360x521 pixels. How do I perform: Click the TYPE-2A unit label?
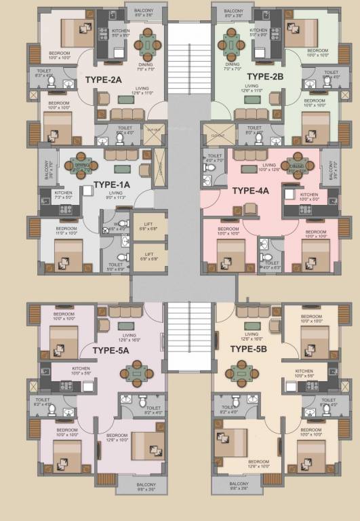coord(103,79)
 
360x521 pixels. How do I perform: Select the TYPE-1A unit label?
coord(111,185)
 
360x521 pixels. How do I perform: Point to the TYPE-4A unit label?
coord(250,191)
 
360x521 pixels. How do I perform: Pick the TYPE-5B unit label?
coord(251,349)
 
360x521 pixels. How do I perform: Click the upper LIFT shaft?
coord(149,225)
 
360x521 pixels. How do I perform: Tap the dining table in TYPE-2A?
coord(147,45)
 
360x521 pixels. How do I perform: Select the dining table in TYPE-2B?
coord(228,45)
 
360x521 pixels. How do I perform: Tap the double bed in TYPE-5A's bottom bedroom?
coord(147,446)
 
